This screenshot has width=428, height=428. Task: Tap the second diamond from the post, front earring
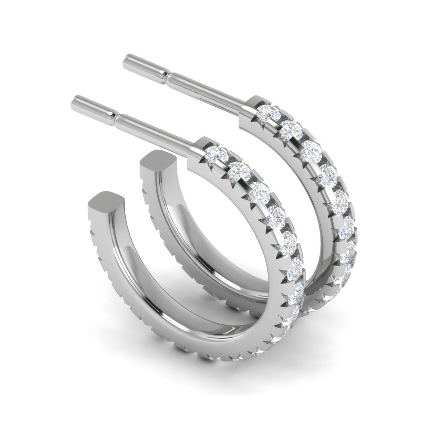coord(239,171)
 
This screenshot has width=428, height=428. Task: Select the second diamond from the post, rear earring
coord(290,130)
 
